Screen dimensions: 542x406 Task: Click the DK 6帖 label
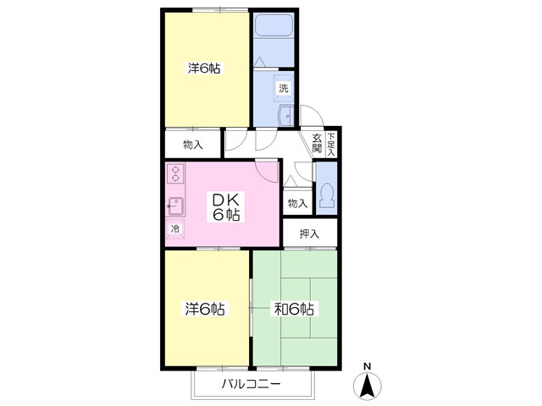point(226,206)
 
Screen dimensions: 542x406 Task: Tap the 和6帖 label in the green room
point(294,309)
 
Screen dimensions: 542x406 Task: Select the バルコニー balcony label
point(251,383)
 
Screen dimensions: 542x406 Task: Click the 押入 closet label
point(309,233)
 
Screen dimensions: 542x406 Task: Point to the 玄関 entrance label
point(317,143)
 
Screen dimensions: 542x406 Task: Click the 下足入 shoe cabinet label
point(331,145)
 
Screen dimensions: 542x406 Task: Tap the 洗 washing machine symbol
point(284,88)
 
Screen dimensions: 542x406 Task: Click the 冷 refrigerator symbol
point(175,228)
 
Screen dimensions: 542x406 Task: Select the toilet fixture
point(327,195)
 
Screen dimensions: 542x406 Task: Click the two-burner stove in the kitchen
point(175,173)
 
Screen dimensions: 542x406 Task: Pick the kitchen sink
point(175,206)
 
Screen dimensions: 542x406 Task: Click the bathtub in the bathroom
point(274,25)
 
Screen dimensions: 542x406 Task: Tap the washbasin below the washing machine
point(286,115)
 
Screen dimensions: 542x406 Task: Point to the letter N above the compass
point(368,366)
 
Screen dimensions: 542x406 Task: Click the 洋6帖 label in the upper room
point(204,68)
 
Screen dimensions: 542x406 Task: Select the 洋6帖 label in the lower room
point(205,309)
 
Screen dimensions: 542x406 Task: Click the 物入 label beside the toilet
point(297,203)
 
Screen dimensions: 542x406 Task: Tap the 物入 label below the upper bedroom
point(193,145)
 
